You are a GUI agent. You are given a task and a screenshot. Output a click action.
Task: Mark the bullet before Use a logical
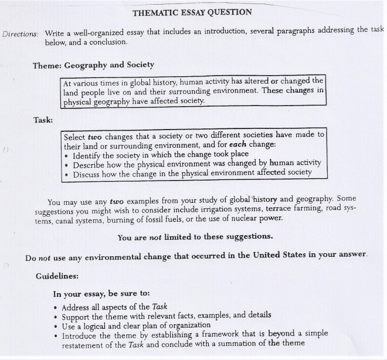point(55,325)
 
